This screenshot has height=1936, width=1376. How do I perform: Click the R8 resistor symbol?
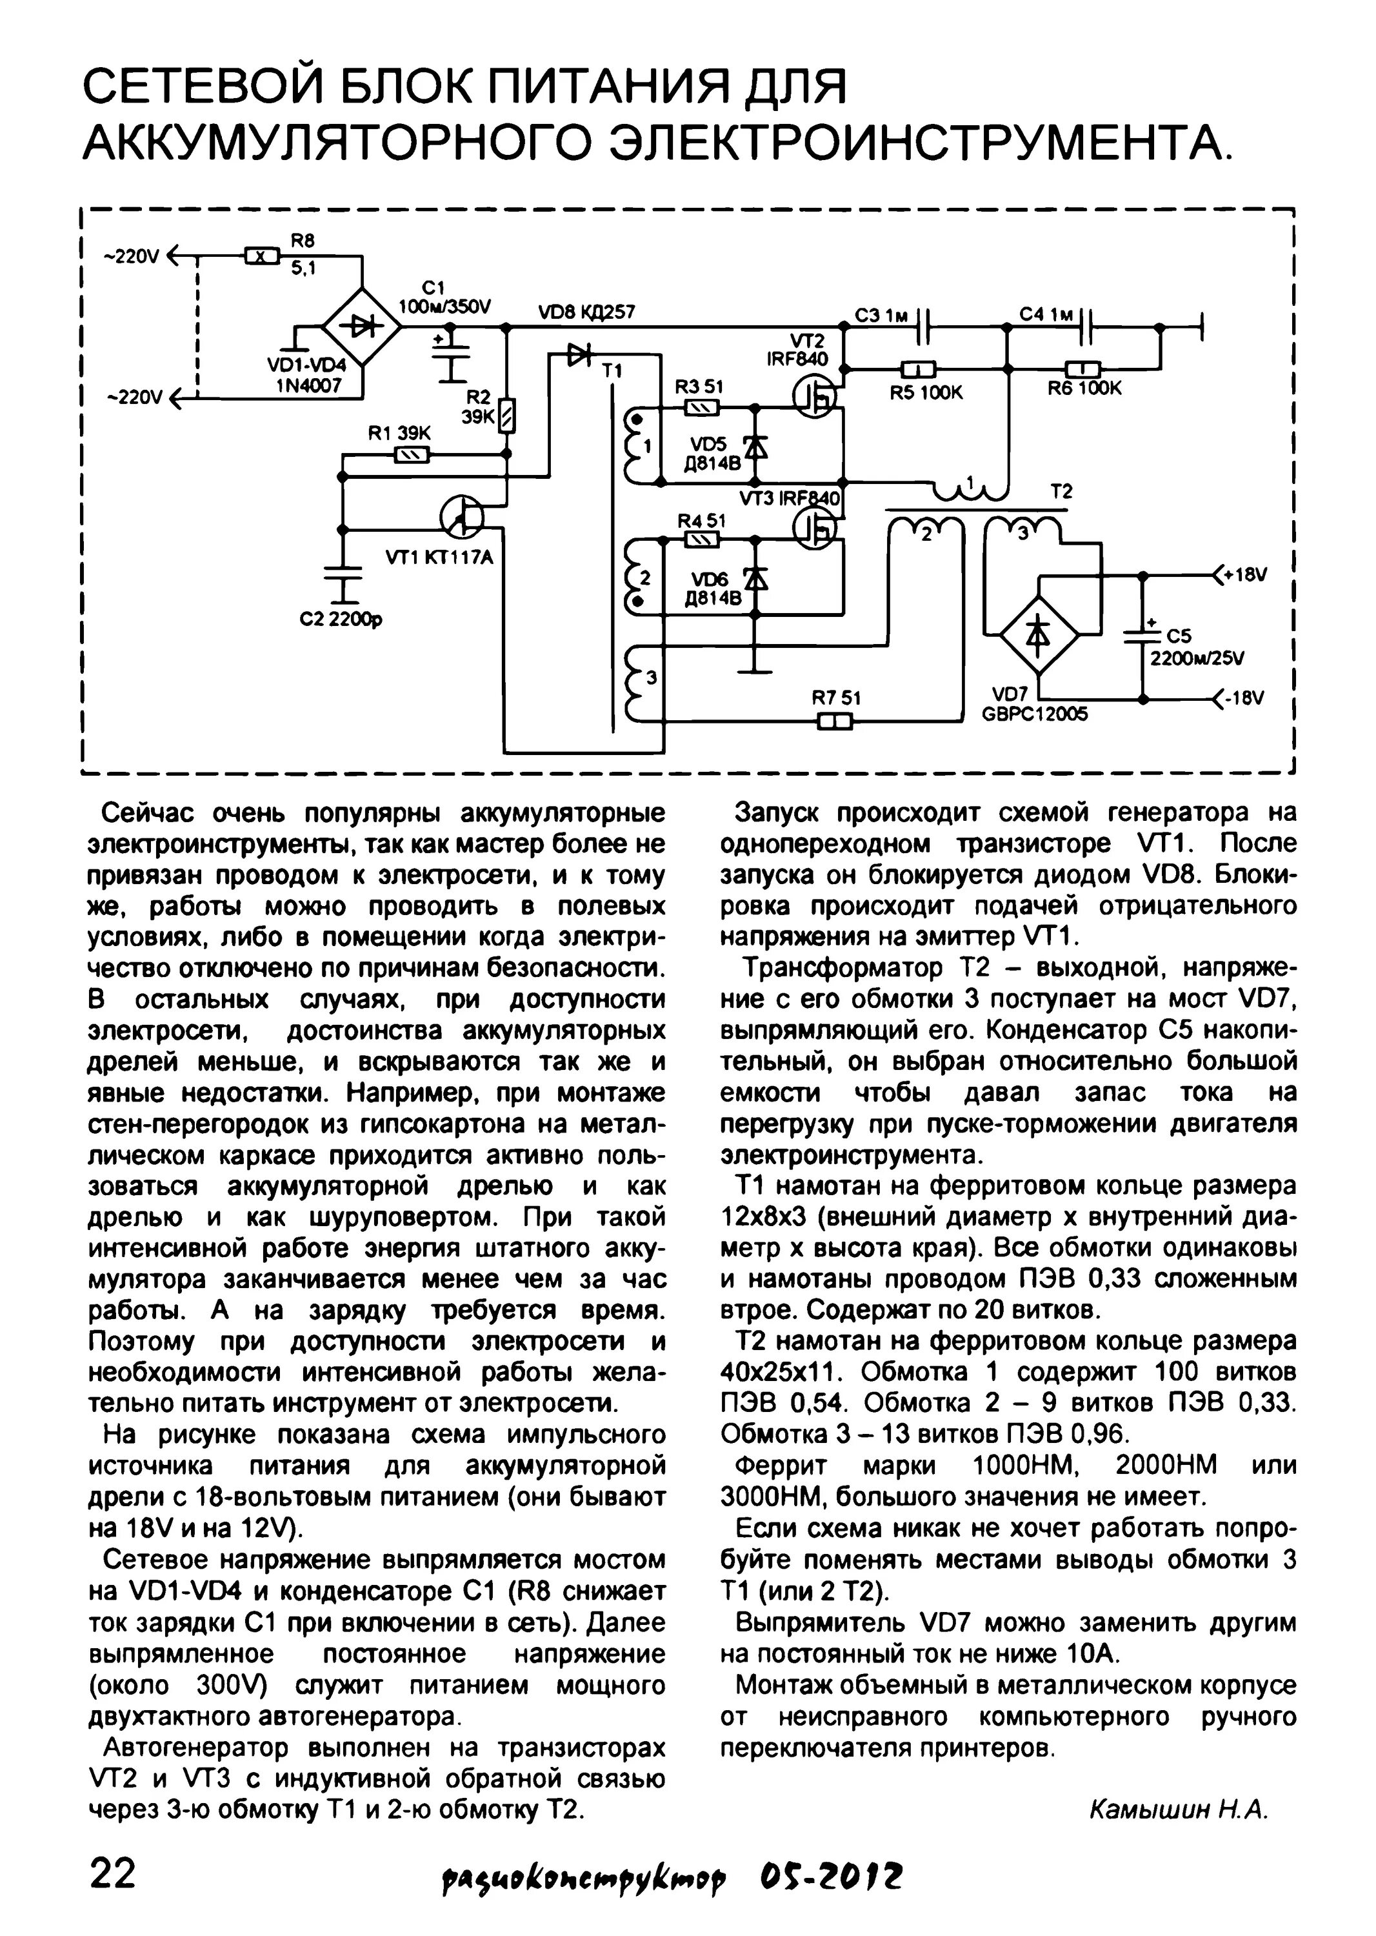(262, 254)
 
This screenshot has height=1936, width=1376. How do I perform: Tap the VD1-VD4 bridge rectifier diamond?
(362, 328)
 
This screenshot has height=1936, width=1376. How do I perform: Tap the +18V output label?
(1242, 576)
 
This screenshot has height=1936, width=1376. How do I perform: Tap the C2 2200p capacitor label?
(341, 619)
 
